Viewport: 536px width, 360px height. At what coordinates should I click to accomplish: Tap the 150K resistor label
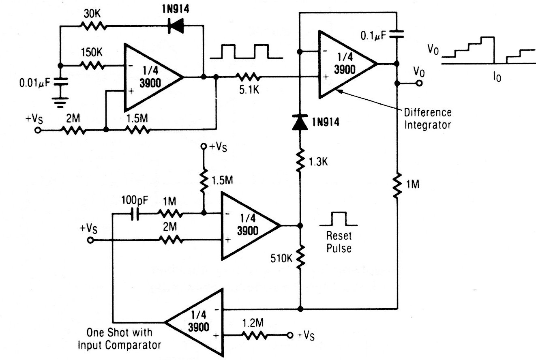click(91, 53)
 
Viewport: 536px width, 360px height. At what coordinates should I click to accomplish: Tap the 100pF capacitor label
click(134, 200)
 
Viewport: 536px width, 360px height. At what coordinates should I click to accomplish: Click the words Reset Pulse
click(339, 242)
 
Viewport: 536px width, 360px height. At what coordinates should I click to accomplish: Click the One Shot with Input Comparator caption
click(120, 339)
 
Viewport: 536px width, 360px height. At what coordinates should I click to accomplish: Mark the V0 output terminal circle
click(419, 84)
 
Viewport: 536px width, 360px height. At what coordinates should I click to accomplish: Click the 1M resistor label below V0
click(413, 185)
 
